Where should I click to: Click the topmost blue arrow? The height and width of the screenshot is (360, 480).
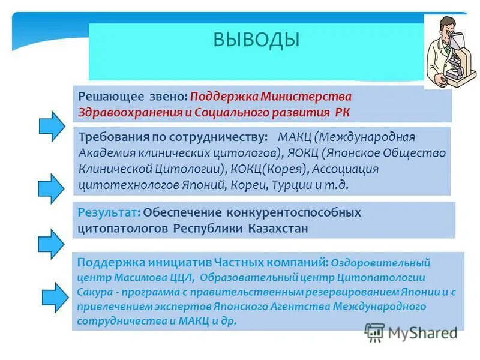click(x=52, y=125)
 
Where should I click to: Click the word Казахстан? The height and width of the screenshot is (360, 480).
click(x=278, y=229)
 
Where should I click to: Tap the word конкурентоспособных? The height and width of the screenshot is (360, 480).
click(x=293, y=213)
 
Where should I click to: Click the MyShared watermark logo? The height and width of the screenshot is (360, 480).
click(x=412, y=332)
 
